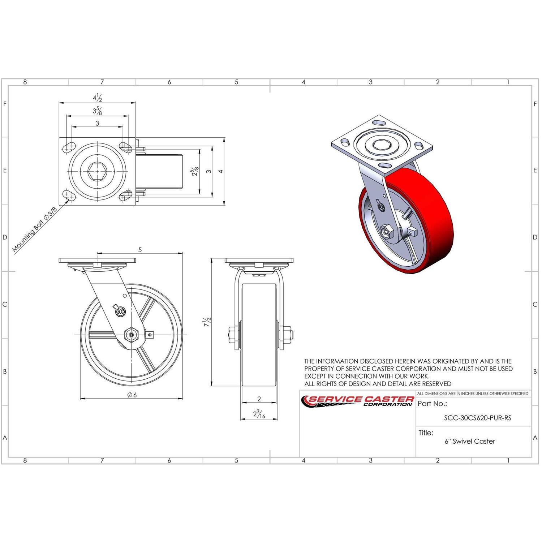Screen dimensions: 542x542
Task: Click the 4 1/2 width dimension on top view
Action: coord(97,98)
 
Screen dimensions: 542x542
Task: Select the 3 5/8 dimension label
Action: coord(97,111)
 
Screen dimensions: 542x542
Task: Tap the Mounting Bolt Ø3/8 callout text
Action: coord(35,229)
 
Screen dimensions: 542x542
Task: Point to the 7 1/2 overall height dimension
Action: coord(206,322)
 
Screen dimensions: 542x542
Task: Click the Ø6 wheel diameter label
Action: coord(132,395)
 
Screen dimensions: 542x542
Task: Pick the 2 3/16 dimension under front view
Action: coord(259,414)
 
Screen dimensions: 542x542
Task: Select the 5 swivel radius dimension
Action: coord(140,250)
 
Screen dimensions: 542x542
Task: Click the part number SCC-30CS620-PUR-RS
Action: coord(478,418)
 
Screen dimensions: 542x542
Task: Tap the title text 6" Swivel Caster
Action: coord(470,441)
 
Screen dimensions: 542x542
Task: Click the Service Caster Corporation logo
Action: coord(358,401)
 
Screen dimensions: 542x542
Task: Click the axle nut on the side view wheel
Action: coord(131,335)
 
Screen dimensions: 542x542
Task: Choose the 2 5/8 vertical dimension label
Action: coord(195,171)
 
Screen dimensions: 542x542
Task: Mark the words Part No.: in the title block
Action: coord(432,404)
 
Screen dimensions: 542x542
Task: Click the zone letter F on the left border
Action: coord(5,104)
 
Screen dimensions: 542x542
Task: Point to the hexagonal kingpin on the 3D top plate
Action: coord(381,146)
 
